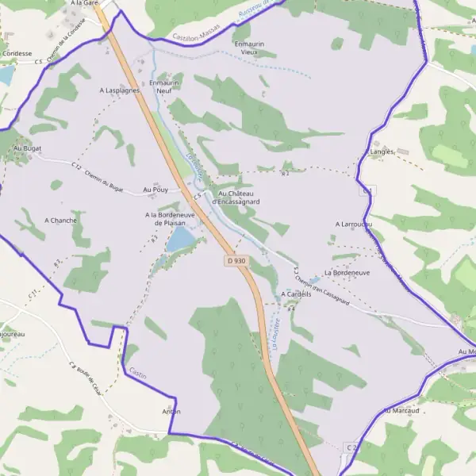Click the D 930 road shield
tap(235, 260)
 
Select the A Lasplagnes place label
tap(120, 90)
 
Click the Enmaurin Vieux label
tap(249, 48)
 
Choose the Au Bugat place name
tap(27, 148)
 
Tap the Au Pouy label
tap(155, 190)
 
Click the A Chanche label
tap(60, 220)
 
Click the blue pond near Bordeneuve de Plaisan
tap(181, 238)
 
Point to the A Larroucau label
tap(354, 225)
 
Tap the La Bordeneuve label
tap(347, 272)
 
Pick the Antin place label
tap(171, 412)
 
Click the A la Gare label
tap(84, 4)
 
